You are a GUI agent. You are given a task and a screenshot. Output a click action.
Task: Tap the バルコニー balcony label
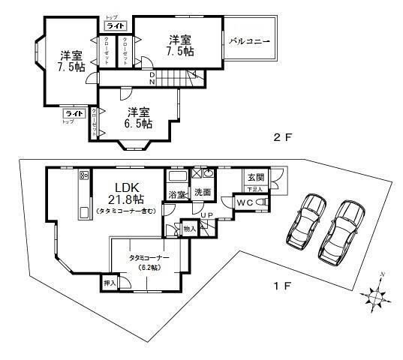pos(248,42)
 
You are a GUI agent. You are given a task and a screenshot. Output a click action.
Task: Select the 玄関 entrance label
pos(255,178)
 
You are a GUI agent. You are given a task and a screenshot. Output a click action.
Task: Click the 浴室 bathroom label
pos(176,194)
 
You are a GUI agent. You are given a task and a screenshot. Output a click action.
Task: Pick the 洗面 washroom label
pos(202,193)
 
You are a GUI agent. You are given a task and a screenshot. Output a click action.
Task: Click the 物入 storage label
pos(189,228)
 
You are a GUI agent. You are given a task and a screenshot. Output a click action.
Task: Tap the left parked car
pos(304,221)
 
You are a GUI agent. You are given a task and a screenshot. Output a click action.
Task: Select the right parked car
pos(342,227)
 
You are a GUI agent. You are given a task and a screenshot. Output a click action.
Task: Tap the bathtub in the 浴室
pos(177,176)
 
